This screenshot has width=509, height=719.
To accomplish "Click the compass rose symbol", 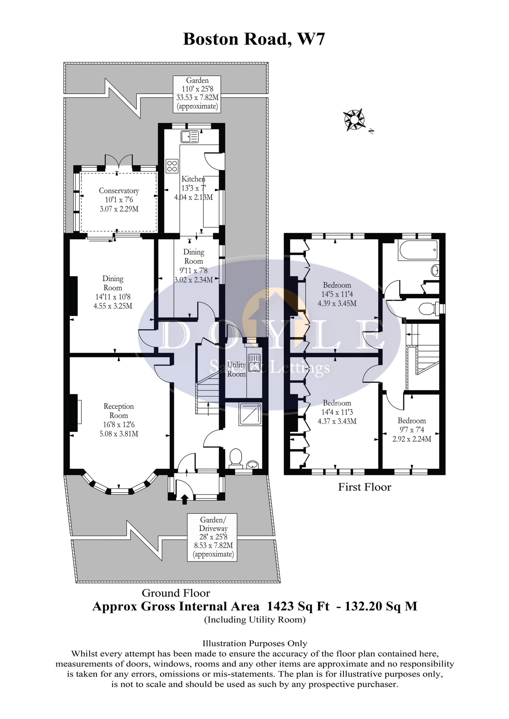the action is pyautogui.click(x=354, y=120).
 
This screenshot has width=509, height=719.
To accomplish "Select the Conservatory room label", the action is pyautogui.click(x=119, y=200).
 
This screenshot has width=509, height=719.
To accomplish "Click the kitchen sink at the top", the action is pyautogui.click(x=190, y=137).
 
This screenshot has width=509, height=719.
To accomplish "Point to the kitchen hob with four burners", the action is pyautogui.click(x=172, y=166).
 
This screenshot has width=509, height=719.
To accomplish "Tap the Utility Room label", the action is pyautogui.click(x=237, y=369).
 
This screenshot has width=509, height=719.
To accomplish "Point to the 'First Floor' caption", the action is pyautogui.click(x=364, y=487).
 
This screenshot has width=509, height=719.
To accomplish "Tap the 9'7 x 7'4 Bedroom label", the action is pyautogui.click(x=412, y=430).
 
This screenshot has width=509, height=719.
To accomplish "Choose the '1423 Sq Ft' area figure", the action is pyautogui.click(x=298, y=607).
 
